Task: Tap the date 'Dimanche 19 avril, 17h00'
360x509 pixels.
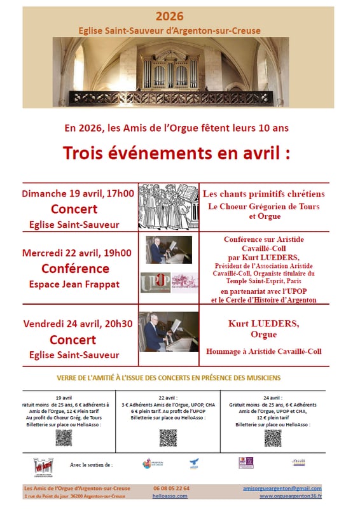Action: point(78,193)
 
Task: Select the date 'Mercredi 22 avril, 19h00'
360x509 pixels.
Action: point(78,253)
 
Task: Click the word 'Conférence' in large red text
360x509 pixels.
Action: point(75,268)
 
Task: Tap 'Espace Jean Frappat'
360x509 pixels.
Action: point(75,284)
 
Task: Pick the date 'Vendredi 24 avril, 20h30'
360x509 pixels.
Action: point(78,323)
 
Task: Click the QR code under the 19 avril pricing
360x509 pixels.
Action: point(64,437)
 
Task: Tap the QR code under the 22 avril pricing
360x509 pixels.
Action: point(168,437)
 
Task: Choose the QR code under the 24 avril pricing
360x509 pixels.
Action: point(272,438)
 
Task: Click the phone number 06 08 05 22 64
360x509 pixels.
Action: point(170,488)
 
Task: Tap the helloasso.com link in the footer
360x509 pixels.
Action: point(170,496)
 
